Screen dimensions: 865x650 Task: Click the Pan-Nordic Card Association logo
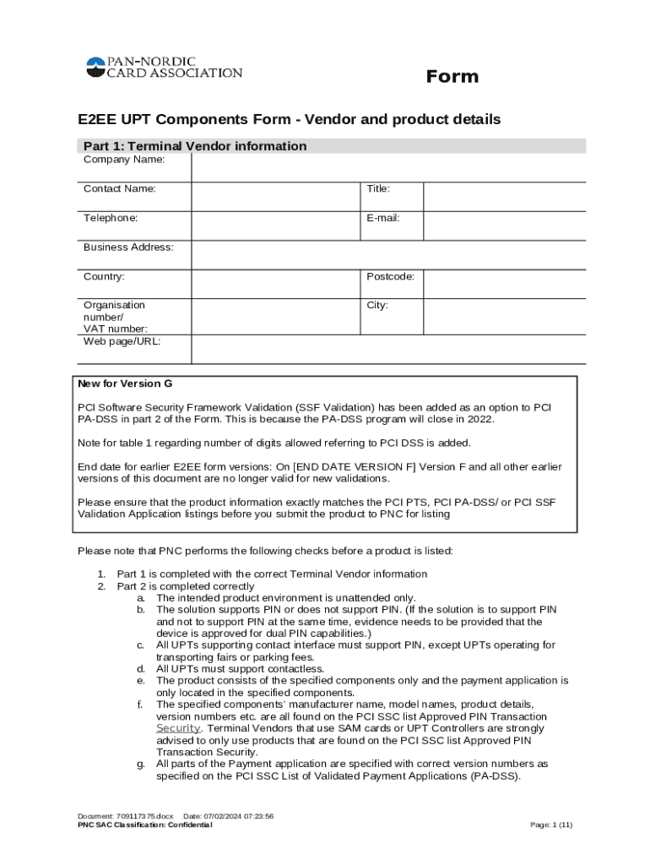[x=164, y=68]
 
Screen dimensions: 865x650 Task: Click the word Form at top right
[x=452, y=77]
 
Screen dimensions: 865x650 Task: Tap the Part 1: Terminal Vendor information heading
[x=195, y=146]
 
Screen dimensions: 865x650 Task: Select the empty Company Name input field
[x=388, y=166]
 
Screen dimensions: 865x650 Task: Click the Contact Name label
[x=119, y=189]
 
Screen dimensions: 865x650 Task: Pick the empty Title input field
[x=504, y=196]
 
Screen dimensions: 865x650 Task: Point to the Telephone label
[x=111, y=218]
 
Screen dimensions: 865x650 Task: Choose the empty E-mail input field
[x=504, y=226]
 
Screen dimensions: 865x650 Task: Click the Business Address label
[x=128, y=248]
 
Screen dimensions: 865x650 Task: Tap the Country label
[x=104, y=276]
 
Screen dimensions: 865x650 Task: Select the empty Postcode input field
[x=504, y=284]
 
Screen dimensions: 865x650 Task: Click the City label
[x=377, y=305]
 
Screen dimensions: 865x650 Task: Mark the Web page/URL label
[x=122, y=341]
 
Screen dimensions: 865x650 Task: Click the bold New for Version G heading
[x=125, y=384]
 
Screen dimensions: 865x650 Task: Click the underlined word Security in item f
[x=178, y=728]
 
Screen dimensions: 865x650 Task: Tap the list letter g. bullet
[x=140, y=764]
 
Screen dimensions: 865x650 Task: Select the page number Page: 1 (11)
[x=550, y=825]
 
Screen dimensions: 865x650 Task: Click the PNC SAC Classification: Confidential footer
[x=145, y=825]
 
